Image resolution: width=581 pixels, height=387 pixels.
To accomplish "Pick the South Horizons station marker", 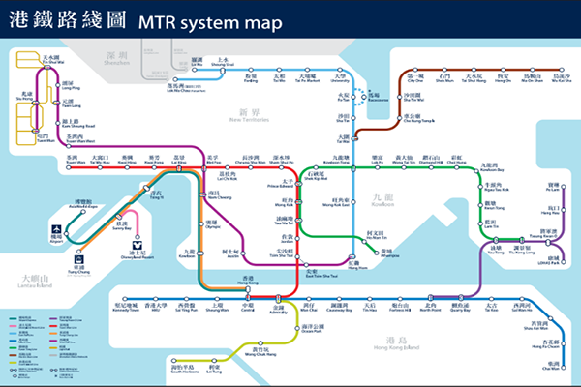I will click(x=188, y=358).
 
